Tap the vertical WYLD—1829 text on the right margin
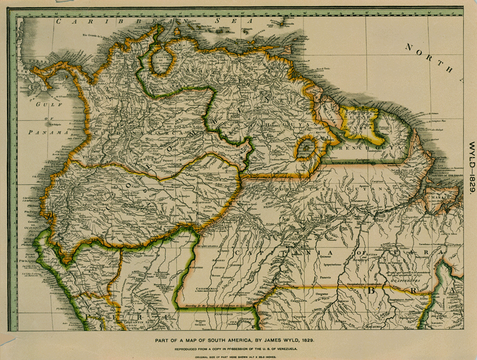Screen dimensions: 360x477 (470, 179)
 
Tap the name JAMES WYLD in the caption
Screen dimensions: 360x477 (262, 340)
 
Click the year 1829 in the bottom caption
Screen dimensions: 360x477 (305, 340)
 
